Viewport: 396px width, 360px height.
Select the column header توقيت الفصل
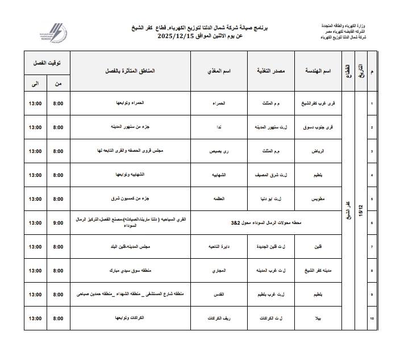tap(46, 63)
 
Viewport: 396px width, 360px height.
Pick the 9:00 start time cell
tap(58, 223)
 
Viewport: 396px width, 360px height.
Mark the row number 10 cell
tap(372, 319)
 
